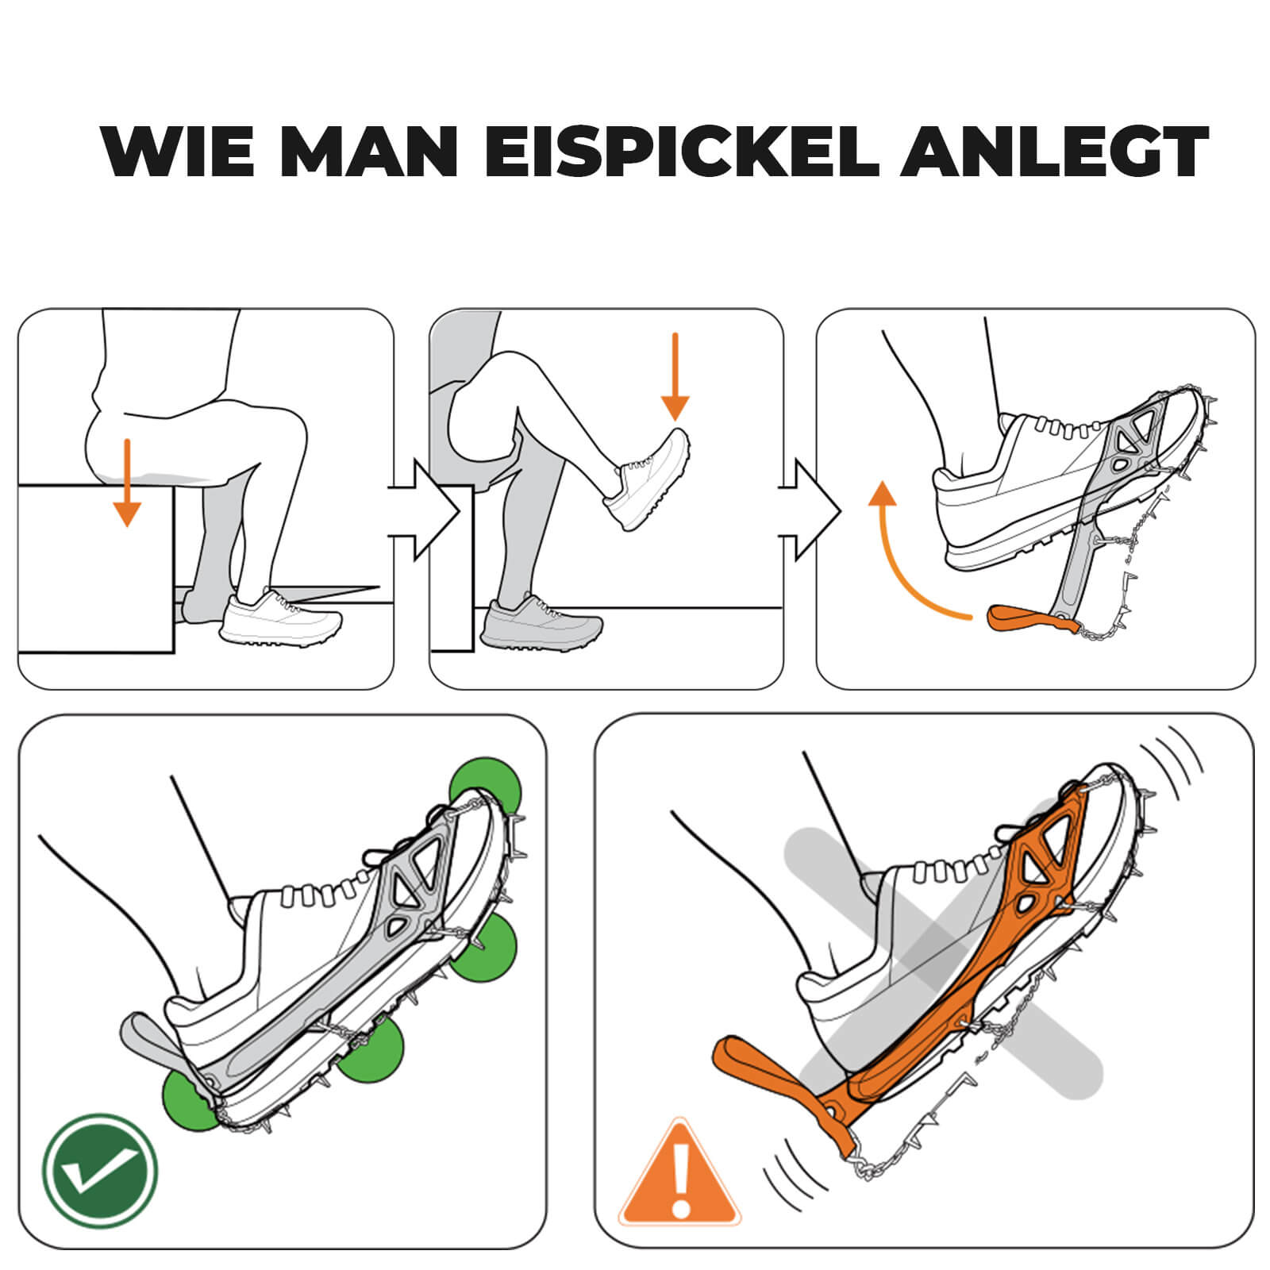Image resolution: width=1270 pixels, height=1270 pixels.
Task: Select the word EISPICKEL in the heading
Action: point(682,152)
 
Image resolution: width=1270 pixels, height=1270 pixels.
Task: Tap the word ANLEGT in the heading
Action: point(1055,152)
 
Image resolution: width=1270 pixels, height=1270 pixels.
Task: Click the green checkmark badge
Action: point(101,1171)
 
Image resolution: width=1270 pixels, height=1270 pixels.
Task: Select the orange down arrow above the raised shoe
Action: point(675,377)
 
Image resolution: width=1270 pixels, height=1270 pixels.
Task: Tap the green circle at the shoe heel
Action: point(190,1102)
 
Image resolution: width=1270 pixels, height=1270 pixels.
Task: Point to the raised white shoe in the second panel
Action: point(647,480)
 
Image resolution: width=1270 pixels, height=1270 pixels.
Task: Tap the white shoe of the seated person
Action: point(280,617)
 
